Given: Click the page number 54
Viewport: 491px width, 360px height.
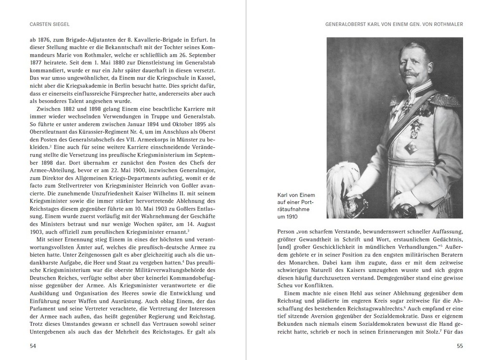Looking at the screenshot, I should point(33,346).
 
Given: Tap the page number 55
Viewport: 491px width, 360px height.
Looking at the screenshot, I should point(460,346).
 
